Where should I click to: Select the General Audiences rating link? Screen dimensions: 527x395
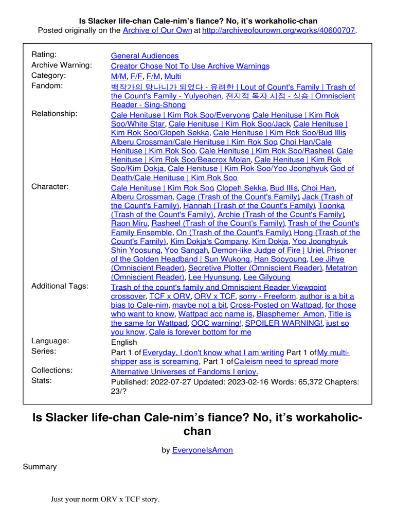pos(145,56)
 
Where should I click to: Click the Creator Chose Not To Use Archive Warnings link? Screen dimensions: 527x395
pos(190,66)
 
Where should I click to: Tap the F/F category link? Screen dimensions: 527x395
pos(136,76)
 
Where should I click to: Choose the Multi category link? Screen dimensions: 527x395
pos(173,76)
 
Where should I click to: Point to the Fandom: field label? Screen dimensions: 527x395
pos(47,85)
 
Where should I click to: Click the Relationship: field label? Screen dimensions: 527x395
pos(55,113)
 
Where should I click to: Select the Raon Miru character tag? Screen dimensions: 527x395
pos(130,223)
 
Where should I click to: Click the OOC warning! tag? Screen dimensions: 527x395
pos(217,323)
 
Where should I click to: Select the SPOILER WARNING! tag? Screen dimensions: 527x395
pos(284,323)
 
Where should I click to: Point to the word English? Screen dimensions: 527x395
pos(124,342)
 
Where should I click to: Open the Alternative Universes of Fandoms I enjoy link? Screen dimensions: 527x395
pos(185,371)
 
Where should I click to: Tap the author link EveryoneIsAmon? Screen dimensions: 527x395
pos(202,450)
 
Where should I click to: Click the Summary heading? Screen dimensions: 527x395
pos(40,467)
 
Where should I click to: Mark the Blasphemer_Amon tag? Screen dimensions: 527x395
pos(291,314)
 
